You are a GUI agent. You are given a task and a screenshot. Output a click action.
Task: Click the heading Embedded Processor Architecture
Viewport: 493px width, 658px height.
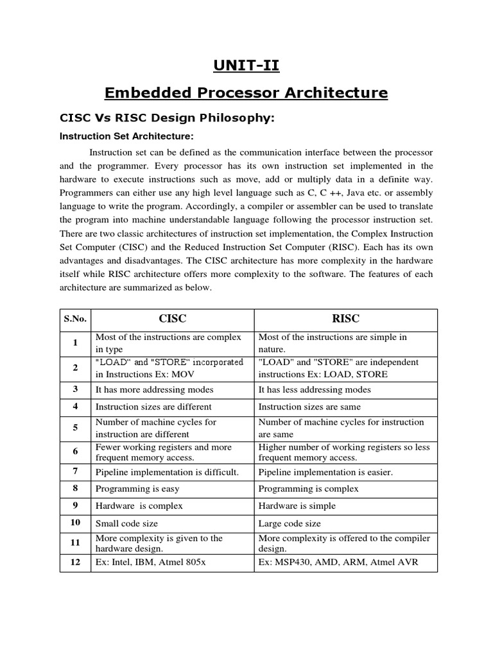[x=246, y=93]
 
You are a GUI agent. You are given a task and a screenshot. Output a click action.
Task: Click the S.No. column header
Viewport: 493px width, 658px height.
[x=75, y=319]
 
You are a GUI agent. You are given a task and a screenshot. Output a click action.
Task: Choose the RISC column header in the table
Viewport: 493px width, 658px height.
[x=345, y=319]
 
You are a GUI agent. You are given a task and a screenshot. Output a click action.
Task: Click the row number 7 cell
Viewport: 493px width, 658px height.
[x=75, y=472]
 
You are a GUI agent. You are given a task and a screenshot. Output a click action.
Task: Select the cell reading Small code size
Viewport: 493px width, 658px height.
[x=126, y=523]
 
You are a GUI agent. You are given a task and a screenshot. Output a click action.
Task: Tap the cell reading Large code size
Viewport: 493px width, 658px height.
[x=290, y=523]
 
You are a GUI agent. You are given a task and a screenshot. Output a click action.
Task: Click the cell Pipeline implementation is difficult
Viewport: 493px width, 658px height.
[x=167, y=472]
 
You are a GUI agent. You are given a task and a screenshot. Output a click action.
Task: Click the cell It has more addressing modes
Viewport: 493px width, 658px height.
[x=155, y=389]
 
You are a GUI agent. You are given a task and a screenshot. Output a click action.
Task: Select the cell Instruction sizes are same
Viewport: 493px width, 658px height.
[x=309, y=407]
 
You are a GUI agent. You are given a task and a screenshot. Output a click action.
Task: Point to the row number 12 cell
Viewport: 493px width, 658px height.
[x=75, y=562]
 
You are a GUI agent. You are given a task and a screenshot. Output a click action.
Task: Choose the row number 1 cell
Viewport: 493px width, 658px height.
[x=75, y=342]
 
